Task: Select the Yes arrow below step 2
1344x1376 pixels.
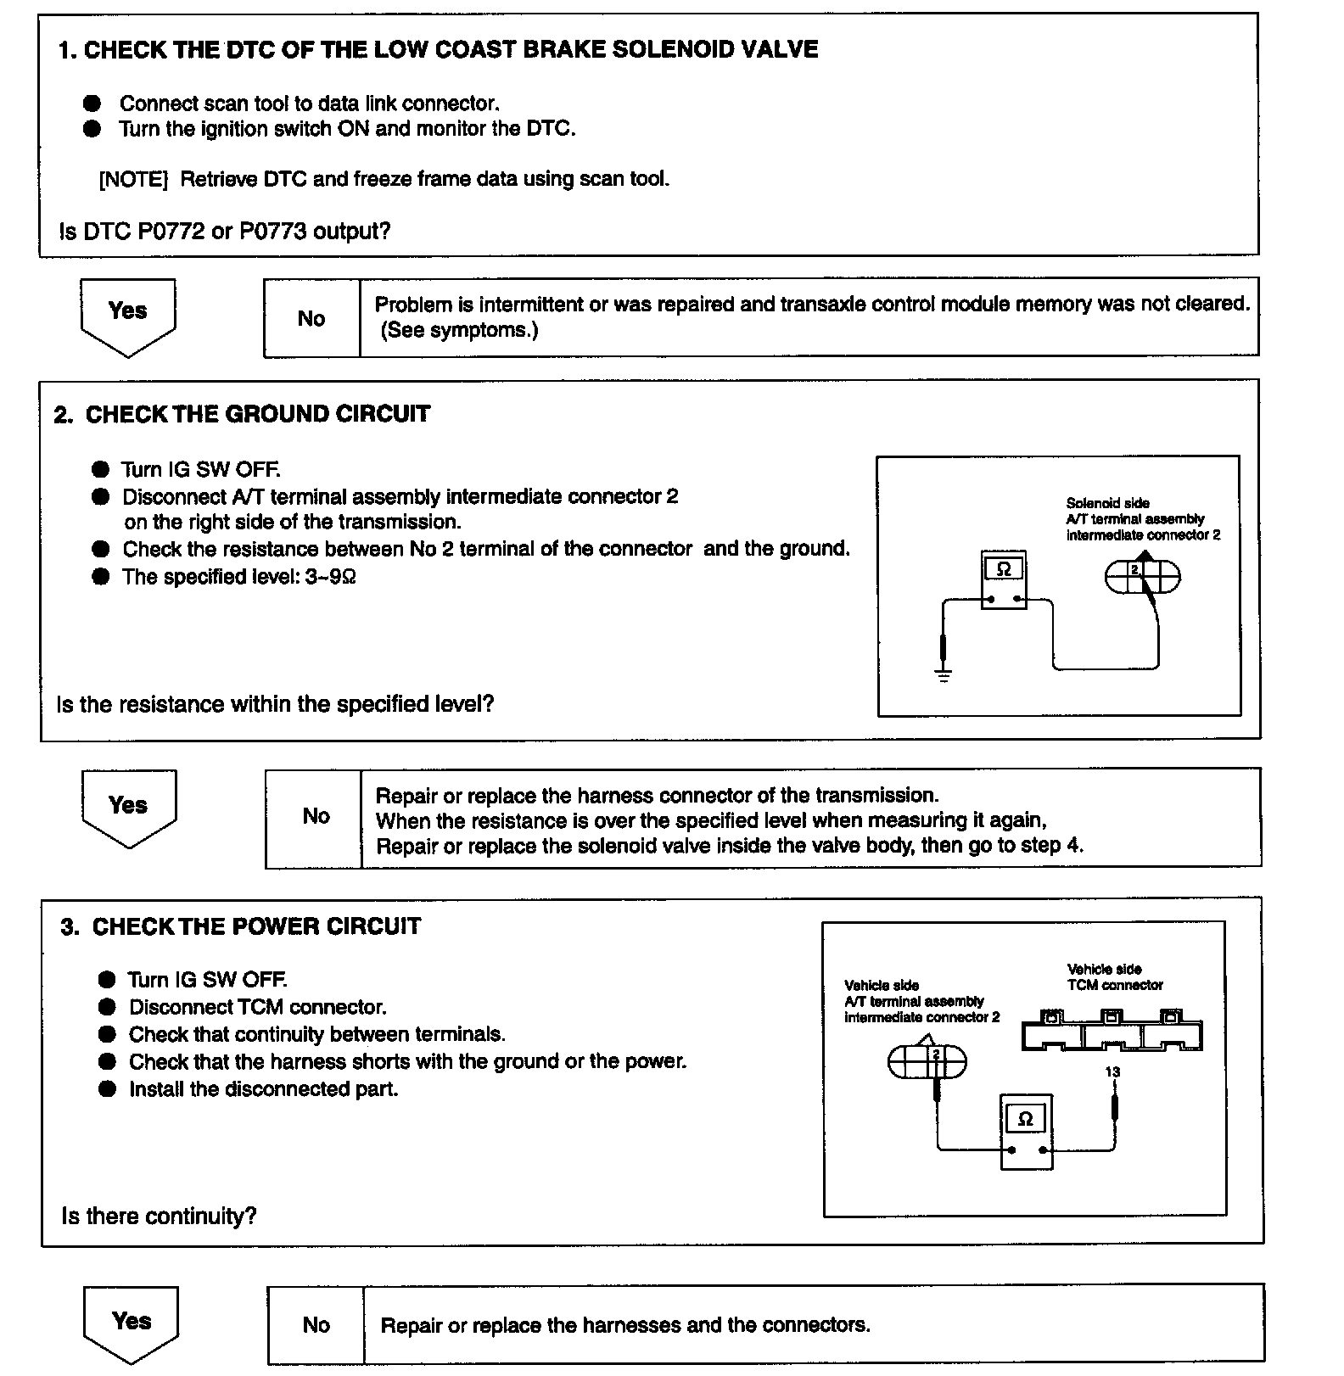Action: [128, 807]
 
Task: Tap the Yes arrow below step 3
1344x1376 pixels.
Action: [132, 1323]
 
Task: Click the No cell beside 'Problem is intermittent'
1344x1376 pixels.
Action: [311, 318]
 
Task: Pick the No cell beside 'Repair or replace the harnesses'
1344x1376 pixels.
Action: [316, 1324]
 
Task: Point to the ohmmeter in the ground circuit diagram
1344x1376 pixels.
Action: [1004, 580]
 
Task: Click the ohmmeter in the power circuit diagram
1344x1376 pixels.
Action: [1026, 1132]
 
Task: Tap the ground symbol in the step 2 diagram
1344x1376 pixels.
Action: [943, 674]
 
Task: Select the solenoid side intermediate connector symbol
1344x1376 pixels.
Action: [1142, 577]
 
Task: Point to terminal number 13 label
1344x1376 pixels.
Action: [1112, 1071]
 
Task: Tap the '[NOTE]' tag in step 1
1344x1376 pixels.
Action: [133, 180]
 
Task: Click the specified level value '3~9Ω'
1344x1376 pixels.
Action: [330, 577]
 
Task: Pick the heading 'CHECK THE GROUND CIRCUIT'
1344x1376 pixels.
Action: [257, 414]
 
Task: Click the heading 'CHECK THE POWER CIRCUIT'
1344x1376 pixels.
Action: [256, 926]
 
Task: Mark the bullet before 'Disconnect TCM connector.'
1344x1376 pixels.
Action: [107, 1007]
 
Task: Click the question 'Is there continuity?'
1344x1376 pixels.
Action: [159, 1216]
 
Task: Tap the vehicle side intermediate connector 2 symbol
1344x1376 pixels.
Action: [927, 1060]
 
